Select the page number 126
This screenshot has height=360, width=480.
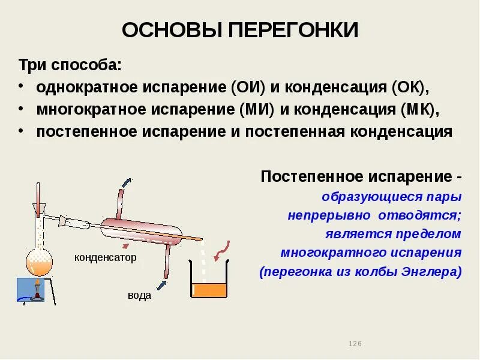click(355, 343)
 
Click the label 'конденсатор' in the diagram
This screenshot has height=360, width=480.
click(106, 257)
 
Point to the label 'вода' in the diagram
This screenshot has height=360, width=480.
click(139, 296)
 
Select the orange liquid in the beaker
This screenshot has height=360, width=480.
click(209, 290)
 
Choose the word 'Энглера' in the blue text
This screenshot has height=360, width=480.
click(431, 272)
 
